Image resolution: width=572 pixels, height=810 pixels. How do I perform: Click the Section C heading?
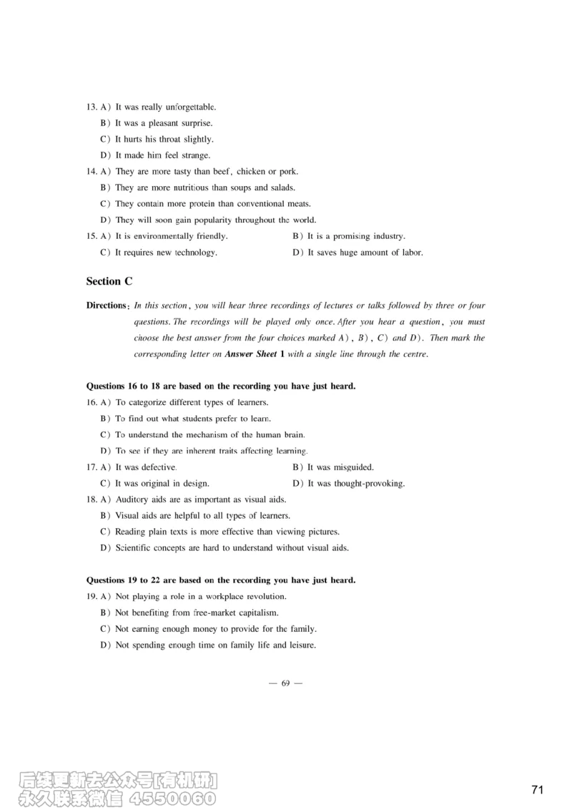click(x=109, y=281)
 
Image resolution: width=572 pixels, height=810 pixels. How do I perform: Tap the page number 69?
click(x=285, y=683)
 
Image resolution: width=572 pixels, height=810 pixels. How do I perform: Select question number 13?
click(x=91, y=107)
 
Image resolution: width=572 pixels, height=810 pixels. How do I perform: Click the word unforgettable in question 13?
click(x=191, y=107)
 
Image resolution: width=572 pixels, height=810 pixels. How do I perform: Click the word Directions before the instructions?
click(x=107, y=306)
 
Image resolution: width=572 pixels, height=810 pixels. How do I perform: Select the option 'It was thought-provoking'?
click(x=355, y=484)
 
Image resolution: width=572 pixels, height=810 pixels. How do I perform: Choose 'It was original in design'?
click(x=162, y=484)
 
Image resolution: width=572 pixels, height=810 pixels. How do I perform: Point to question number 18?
click(x=91, y=499)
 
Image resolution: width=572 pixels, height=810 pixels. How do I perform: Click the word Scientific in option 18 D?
click(x=134, y=548)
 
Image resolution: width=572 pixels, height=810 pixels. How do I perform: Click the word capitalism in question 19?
click(x=256, y=613)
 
